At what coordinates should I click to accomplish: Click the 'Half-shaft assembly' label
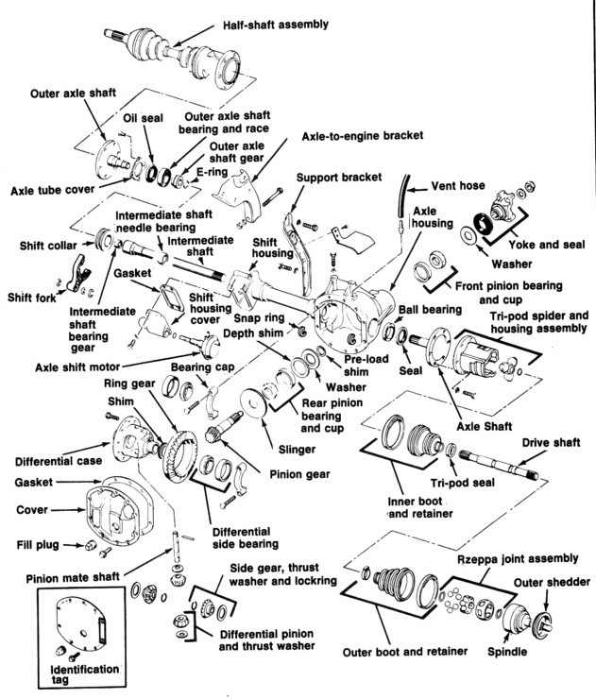275,25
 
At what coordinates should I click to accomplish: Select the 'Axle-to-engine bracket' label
362,136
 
